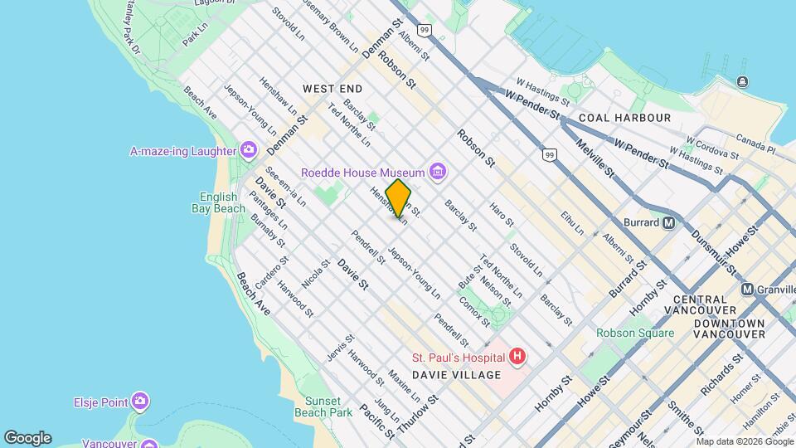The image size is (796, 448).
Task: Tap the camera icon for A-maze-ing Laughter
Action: point(248,150)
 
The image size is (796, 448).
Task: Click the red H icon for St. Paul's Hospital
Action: point(517,357)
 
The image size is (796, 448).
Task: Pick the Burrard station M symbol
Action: point(669,222)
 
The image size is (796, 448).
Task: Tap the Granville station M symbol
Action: point(747,290)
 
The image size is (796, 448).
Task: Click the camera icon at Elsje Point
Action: point(140,402)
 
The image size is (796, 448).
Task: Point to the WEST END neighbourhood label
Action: point(332,88)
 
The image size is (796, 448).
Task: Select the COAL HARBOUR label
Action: point(624,118)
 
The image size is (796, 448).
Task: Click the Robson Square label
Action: point(635,334)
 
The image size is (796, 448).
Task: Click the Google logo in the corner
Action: point(27,437)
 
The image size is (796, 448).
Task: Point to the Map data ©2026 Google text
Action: point(744,441)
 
